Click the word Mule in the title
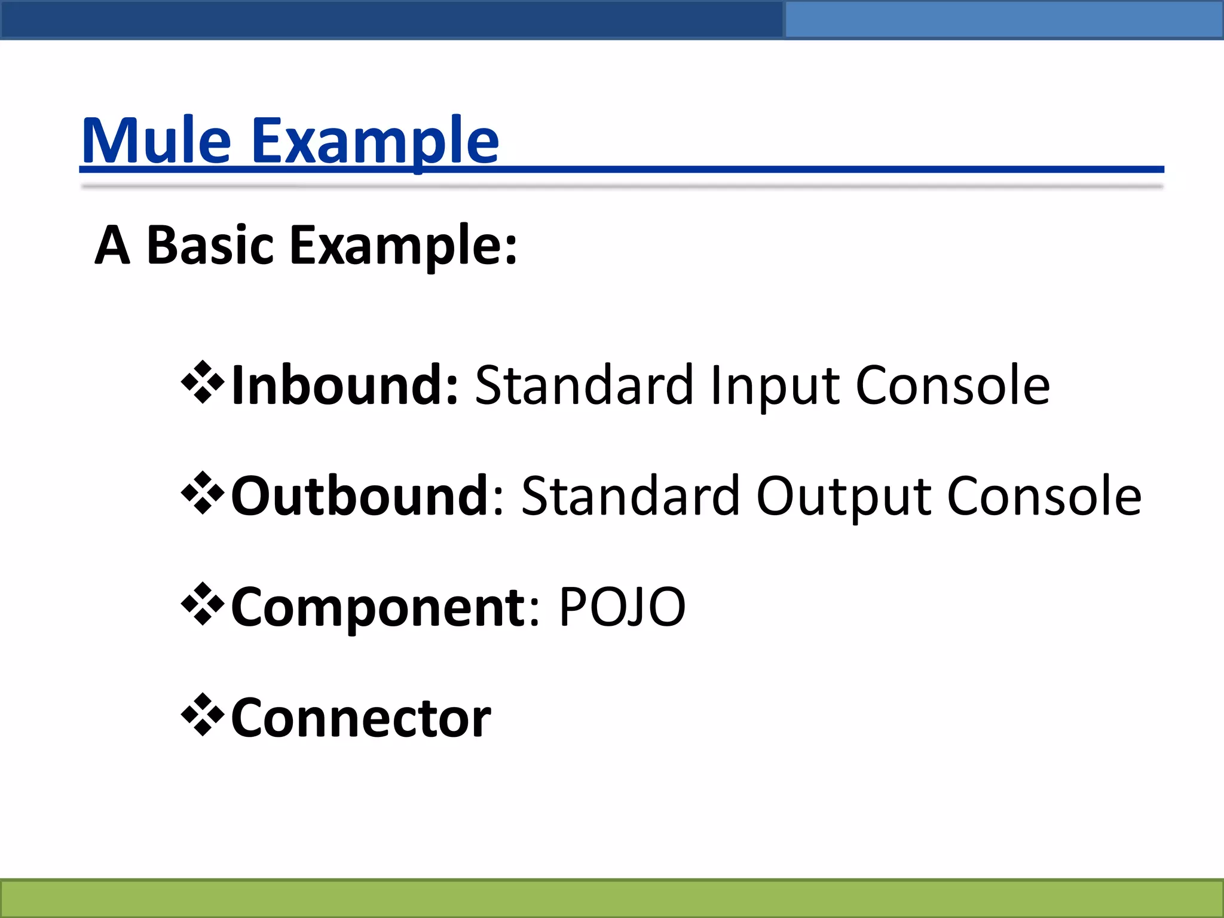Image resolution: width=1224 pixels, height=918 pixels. point(157,141)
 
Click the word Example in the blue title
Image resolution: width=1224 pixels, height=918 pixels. point(375,141)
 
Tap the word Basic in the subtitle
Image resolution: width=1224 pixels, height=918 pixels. point(210,245)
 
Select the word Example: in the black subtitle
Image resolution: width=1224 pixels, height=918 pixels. point(403,246)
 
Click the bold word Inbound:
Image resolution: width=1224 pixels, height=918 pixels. point(345,385)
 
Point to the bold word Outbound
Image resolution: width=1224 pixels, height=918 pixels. point(360,496)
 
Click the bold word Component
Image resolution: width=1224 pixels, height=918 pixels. point(378,607)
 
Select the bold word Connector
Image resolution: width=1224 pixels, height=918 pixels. point(361,718)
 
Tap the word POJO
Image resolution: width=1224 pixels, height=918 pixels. point(622,607)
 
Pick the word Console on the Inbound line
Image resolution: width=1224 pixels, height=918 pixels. point(953,385)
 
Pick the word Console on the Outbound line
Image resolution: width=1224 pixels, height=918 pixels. point(1045,496)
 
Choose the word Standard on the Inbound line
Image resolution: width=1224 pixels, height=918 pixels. point(585,385)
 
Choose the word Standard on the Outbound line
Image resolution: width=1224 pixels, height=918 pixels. point(631,496)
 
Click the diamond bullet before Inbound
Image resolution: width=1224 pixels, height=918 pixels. point(203,382)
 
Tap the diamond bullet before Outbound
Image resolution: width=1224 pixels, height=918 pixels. point(203,493)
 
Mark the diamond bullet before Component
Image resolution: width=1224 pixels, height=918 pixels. point(203,604)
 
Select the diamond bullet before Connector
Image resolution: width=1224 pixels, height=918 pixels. point(203,715)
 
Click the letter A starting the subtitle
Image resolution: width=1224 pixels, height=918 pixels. point(112,245)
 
